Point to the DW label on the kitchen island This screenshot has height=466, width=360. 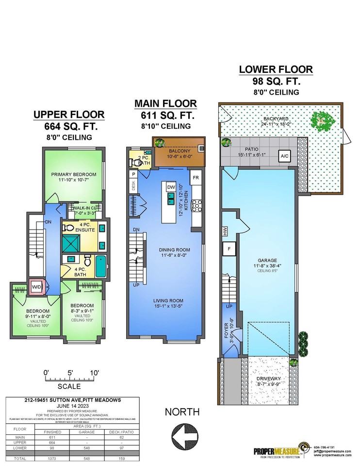171,187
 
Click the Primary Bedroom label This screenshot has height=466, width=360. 74,174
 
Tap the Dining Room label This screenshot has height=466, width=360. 174,250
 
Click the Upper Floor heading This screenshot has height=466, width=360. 68,115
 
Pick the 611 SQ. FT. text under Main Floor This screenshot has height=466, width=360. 165,116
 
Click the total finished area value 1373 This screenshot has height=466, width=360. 52,458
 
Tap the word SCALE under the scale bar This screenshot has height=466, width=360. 69,386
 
